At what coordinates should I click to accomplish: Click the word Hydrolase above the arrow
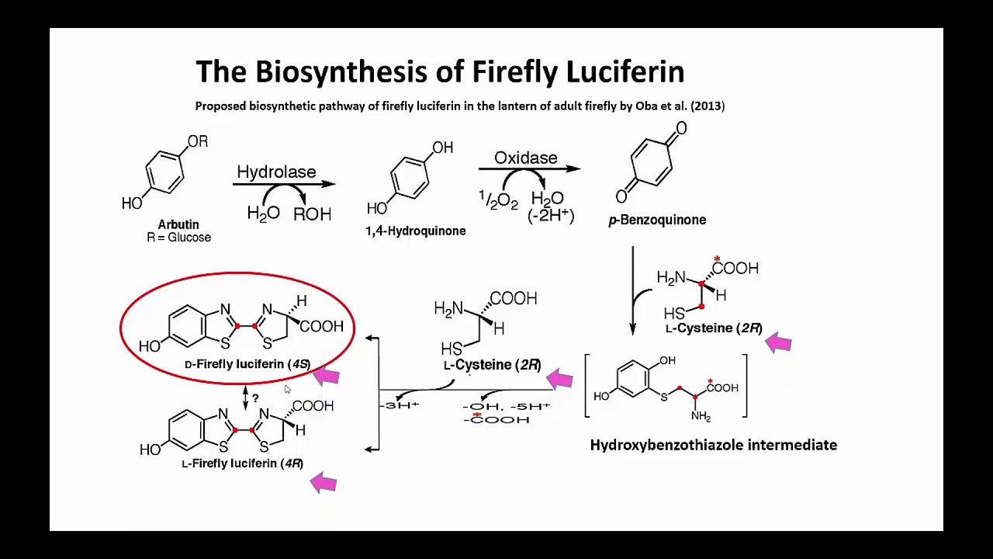(x=276, y=172)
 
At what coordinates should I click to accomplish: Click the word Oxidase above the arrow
(x=526, y=158)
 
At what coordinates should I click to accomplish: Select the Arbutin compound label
(x=178, y=224)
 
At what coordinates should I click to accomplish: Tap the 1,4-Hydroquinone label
(x=415, y=231)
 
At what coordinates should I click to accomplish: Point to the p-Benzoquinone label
(x=657, y=220)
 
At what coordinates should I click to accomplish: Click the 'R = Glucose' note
(x=178, y=238)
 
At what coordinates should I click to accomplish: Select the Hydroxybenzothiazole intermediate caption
(x=714, y=445)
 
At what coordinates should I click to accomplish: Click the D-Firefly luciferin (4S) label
(x=247, y=364)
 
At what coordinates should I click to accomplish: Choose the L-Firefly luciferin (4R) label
(x=243, y=464)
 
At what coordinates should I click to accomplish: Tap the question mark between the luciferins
(x=255, y=398)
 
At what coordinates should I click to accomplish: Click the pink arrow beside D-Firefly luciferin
(x=327, y=377)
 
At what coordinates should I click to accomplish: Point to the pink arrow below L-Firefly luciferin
(x=324, y=483)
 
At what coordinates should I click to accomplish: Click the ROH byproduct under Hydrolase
(x=312, y=215)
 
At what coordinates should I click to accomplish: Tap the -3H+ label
(x=400, y=405)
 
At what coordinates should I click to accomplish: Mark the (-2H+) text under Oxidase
(x=551, y=216)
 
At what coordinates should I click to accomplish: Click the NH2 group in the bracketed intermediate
(x=701, y=416)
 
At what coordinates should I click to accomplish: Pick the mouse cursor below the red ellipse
(x=287, y=389)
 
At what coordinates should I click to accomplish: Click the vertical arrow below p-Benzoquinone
(x=632, y=290)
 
